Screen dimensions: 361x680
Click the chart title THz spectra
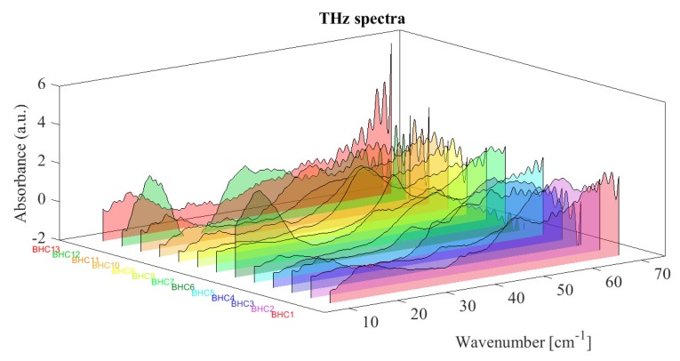pos(340,15)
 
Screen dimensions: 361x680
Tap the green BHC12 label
pos(66,255)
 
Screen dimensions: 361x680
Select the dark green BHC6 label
pos(183,287)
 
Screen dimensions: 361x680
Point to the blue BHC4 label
pos(223,298)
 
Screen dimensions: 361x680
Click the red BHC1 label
pos(283,314)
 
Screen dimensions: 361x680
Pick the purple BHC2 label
pos(263,309)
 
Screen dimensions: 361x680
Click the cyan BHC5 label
pos(203,293)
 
